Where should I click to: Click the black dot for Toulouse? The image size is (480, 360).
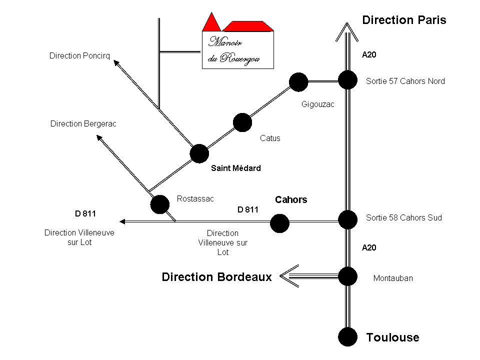(x=347, y=336)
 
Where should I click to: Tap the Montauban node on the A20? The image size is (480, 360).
(x=347, y=276)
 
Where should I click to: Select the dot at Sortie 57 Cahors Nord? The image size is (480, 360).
(x=347, y=80)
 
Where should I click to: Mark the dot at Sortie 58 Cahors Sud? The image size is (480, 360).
(x=347, y=219)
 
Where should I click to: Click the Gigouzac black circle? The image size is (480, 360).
(x=298, y=82)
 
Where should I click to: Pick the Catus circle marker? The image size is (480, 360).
(x=242, y=122)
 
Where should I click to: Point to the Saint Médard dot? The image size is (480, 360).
(x=199, y=153)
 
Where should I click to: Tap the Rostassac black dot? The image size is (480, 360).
(x=160, y=203)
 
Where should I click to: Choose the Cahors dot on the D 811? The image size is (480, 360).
(x=279, y=223)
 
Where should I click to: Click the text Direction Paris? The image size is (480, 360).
(x=404, y=20)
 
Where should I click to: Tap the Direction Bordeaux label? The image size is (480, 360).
(x=216, y=277)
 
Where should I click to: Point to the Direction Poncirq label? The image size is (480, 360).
(x=79, y=56)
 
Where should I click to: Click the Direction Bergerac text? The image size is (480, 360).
(x=83, y=124)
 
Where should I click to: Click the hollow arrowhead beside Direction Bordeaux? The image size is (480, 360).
(x=289, y=276)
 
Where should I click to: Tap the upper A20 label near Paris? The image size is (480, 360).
(x=369, y=54)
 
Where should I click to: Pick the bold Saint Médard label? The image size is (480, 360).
(x=235, y=168)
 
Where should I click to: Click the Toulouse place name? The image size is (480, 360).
(x=392, y=337)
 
